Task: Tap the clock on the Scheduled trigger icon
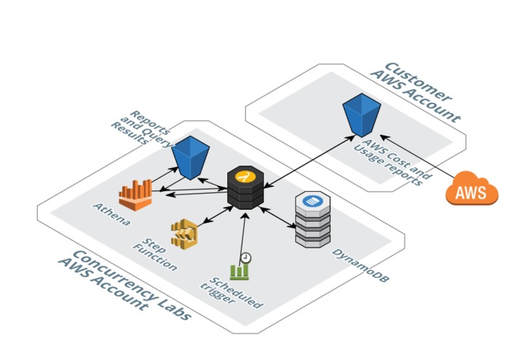click(247, 257)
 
